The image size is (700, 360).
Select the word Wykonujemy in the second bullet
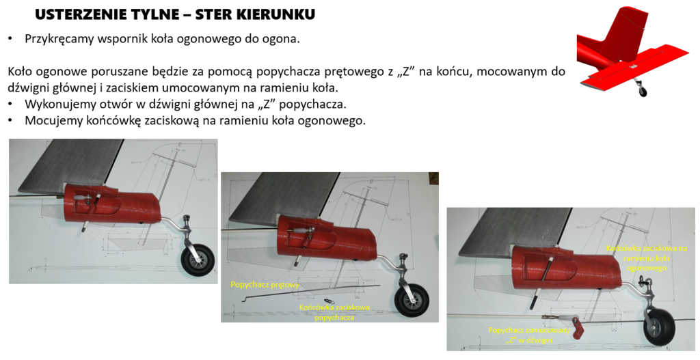(x=57, y=105)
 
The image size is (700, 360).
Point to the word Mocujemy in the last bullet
(x=51, y=121)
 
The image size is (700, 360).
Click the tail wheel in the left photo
(x=198, y=261)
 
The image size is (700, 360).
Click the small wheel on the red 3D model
(x=642, y=91)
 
